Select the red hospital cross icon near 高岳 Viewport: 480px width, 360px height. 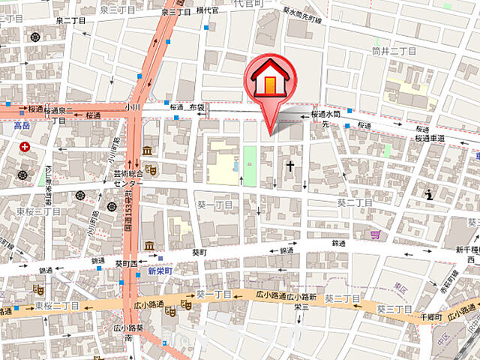(x=25, y=147)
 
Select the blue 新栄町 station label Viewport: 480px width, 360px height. (x=160, y=270)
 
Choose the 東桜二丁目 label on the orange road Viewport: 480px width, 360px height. (x=57, y=306)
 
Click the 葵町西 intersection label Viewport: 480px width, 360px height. (x=126, y=263)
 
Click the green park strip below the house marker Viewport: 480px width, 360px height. (x=250, y=164)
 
